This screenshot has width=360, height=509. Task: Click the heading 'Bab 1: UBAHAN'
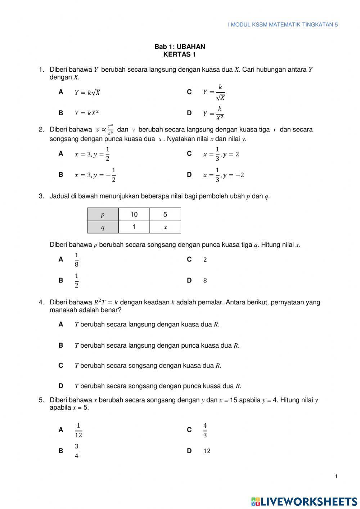180,46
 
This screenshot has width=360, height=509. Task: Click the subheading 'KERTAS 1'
180,55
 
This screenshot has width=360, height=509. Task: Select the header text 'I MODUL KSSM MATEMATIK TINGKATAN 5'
283,24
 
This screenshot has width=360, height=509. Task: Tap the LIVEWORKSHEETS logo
304,501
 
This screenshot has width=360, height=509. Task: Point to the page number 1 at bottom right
336,477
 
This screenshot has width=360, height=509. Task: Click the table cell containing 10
134,214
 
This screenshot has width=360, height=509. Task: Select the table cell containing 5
165,214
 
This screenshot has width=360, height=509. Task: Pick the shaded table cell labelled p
103,214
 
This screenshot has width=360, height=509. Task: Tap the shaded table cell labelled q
103,227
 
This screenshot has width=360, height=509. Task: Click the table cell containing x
165,227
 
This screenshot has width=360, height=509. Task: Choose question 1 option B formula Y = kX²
87,113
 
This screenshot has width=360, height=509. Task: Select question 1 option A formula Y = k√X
87,92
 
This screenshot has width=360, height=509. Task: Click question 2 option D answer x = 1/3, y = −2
224,175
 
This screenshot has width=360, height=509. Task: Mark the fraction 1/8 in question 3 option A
77,260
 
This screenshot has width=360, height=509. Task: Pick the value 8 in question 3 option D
205,281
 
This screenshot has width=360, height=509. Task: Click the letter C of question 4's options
61,366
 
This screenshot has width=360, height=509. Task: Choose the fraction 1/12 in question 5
78,430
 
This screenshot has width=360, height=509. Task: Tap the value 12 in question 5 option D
207,451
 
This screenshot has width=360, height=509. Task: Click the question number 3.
41,196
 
